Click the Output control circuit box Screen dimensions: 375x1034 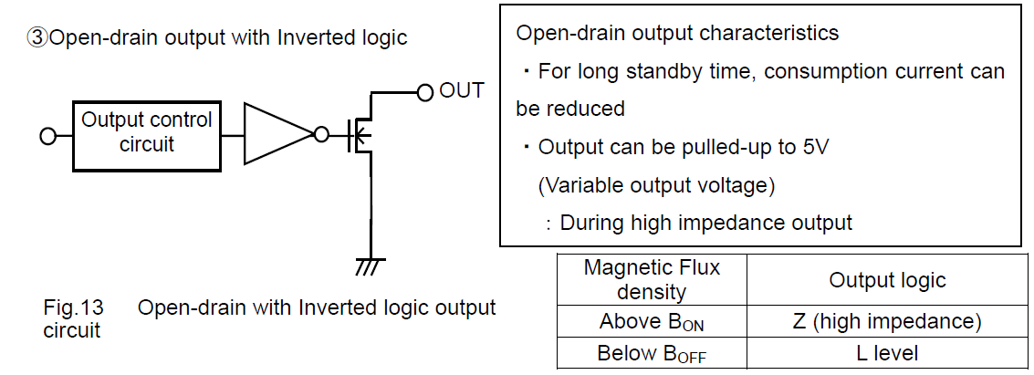point(146,135)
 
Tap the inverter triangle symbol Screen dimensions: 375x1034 point(276,134)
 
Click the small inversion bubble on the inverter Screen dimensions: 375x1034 point(319,135)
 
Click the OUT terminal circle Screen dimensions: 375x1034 point(424,91)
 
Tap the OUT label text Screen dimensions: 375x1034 point(461,90)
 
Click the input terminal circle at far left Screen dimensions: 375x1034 point(47,136)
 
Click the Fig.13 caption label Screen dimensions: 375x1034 point(71,307)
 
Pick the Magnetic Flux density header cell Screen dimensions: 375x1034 point(651,280)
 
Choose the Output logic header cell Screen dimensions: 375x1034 point(887,280)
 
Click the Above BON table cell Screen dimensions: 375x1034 point(651,322)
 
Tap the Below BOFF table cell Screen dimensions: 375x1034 point(651,353)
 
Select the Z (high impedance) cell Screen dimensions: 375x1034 point(887,322)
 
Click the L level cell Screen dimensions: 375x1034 point(887,353)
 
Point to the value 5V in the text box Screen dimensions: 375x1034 point(810,147)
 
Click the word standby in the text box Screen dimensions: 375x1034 point(647,71)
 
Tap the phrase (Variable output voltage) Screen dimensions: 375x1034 point(656,185)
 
